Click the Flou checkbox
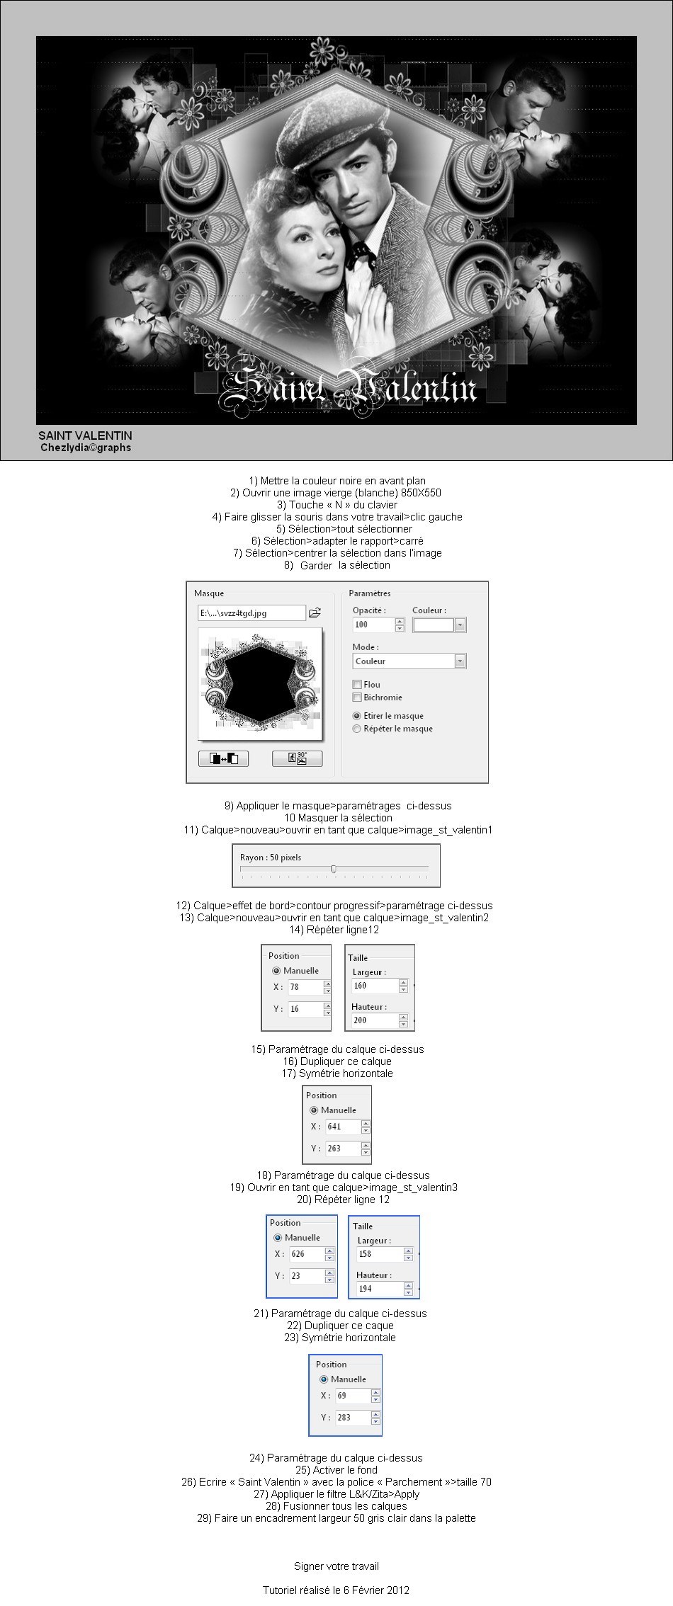pyautogui.click(x=357, y=685)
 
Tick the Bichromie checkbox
pyautogui.click(x=357, y=697)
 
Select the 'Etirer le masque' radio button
pyautogui.click(x=357, y=716)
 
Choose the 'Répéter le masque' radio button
pyautogui.click(x=357, y=729)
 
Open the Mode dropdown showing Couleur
pyautogui.click(x=409, y=661)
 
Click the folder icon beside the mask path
pyautogui.click(x=315, y=613)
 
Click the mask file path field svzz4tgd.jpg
pyautogui.click(x=251, y=613)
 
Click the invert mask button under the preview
pyautogui.click(x=223, y=758)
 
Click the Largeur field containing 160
pyautogui.click(x=373, y=986)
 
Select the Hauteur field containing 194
pyautogui.click(x=379, y=1288)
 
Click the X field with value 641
pyautogui.click(x=344, y=1126)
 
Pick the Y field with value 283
pyautogui.click(x=352, y=1417)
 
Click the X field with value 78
pyautogui.click(x=305, y=986)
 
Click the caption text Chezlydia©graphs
pyautogui.click(x=86, y=448)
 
